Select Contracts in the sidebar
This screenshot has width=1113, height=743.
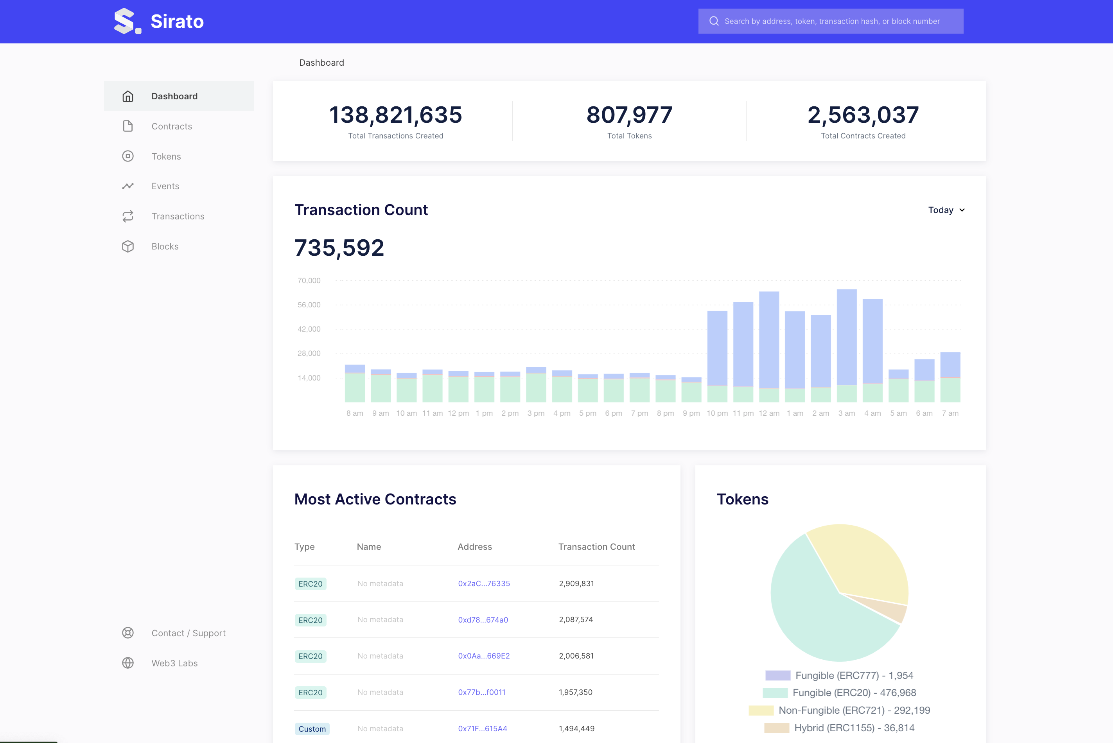172,126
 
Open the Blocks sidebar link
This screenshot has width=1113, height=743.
165,246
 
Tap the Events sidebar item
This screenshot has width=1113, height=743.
165,186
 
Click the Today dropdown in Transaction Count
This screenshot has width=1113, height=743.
946,210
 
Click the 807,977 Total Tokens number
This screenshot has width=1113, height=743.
629,115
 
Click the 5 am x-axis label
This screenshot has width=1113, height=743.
898,413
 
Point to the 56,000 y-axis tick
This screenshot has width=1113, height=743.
309,305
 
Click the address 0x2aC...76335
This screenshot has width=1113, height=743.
484,583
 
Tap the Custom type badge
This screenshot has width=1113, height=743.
312,729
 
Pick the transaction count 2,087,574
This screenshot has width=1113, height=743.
576,619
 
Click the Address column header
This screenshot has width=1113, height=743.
474,546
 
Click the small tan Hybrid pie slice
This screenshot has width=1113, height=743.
891,610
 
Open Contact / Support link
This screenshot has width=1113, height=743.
188,633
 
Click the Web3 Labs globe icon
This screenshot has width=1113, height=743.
128,663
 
